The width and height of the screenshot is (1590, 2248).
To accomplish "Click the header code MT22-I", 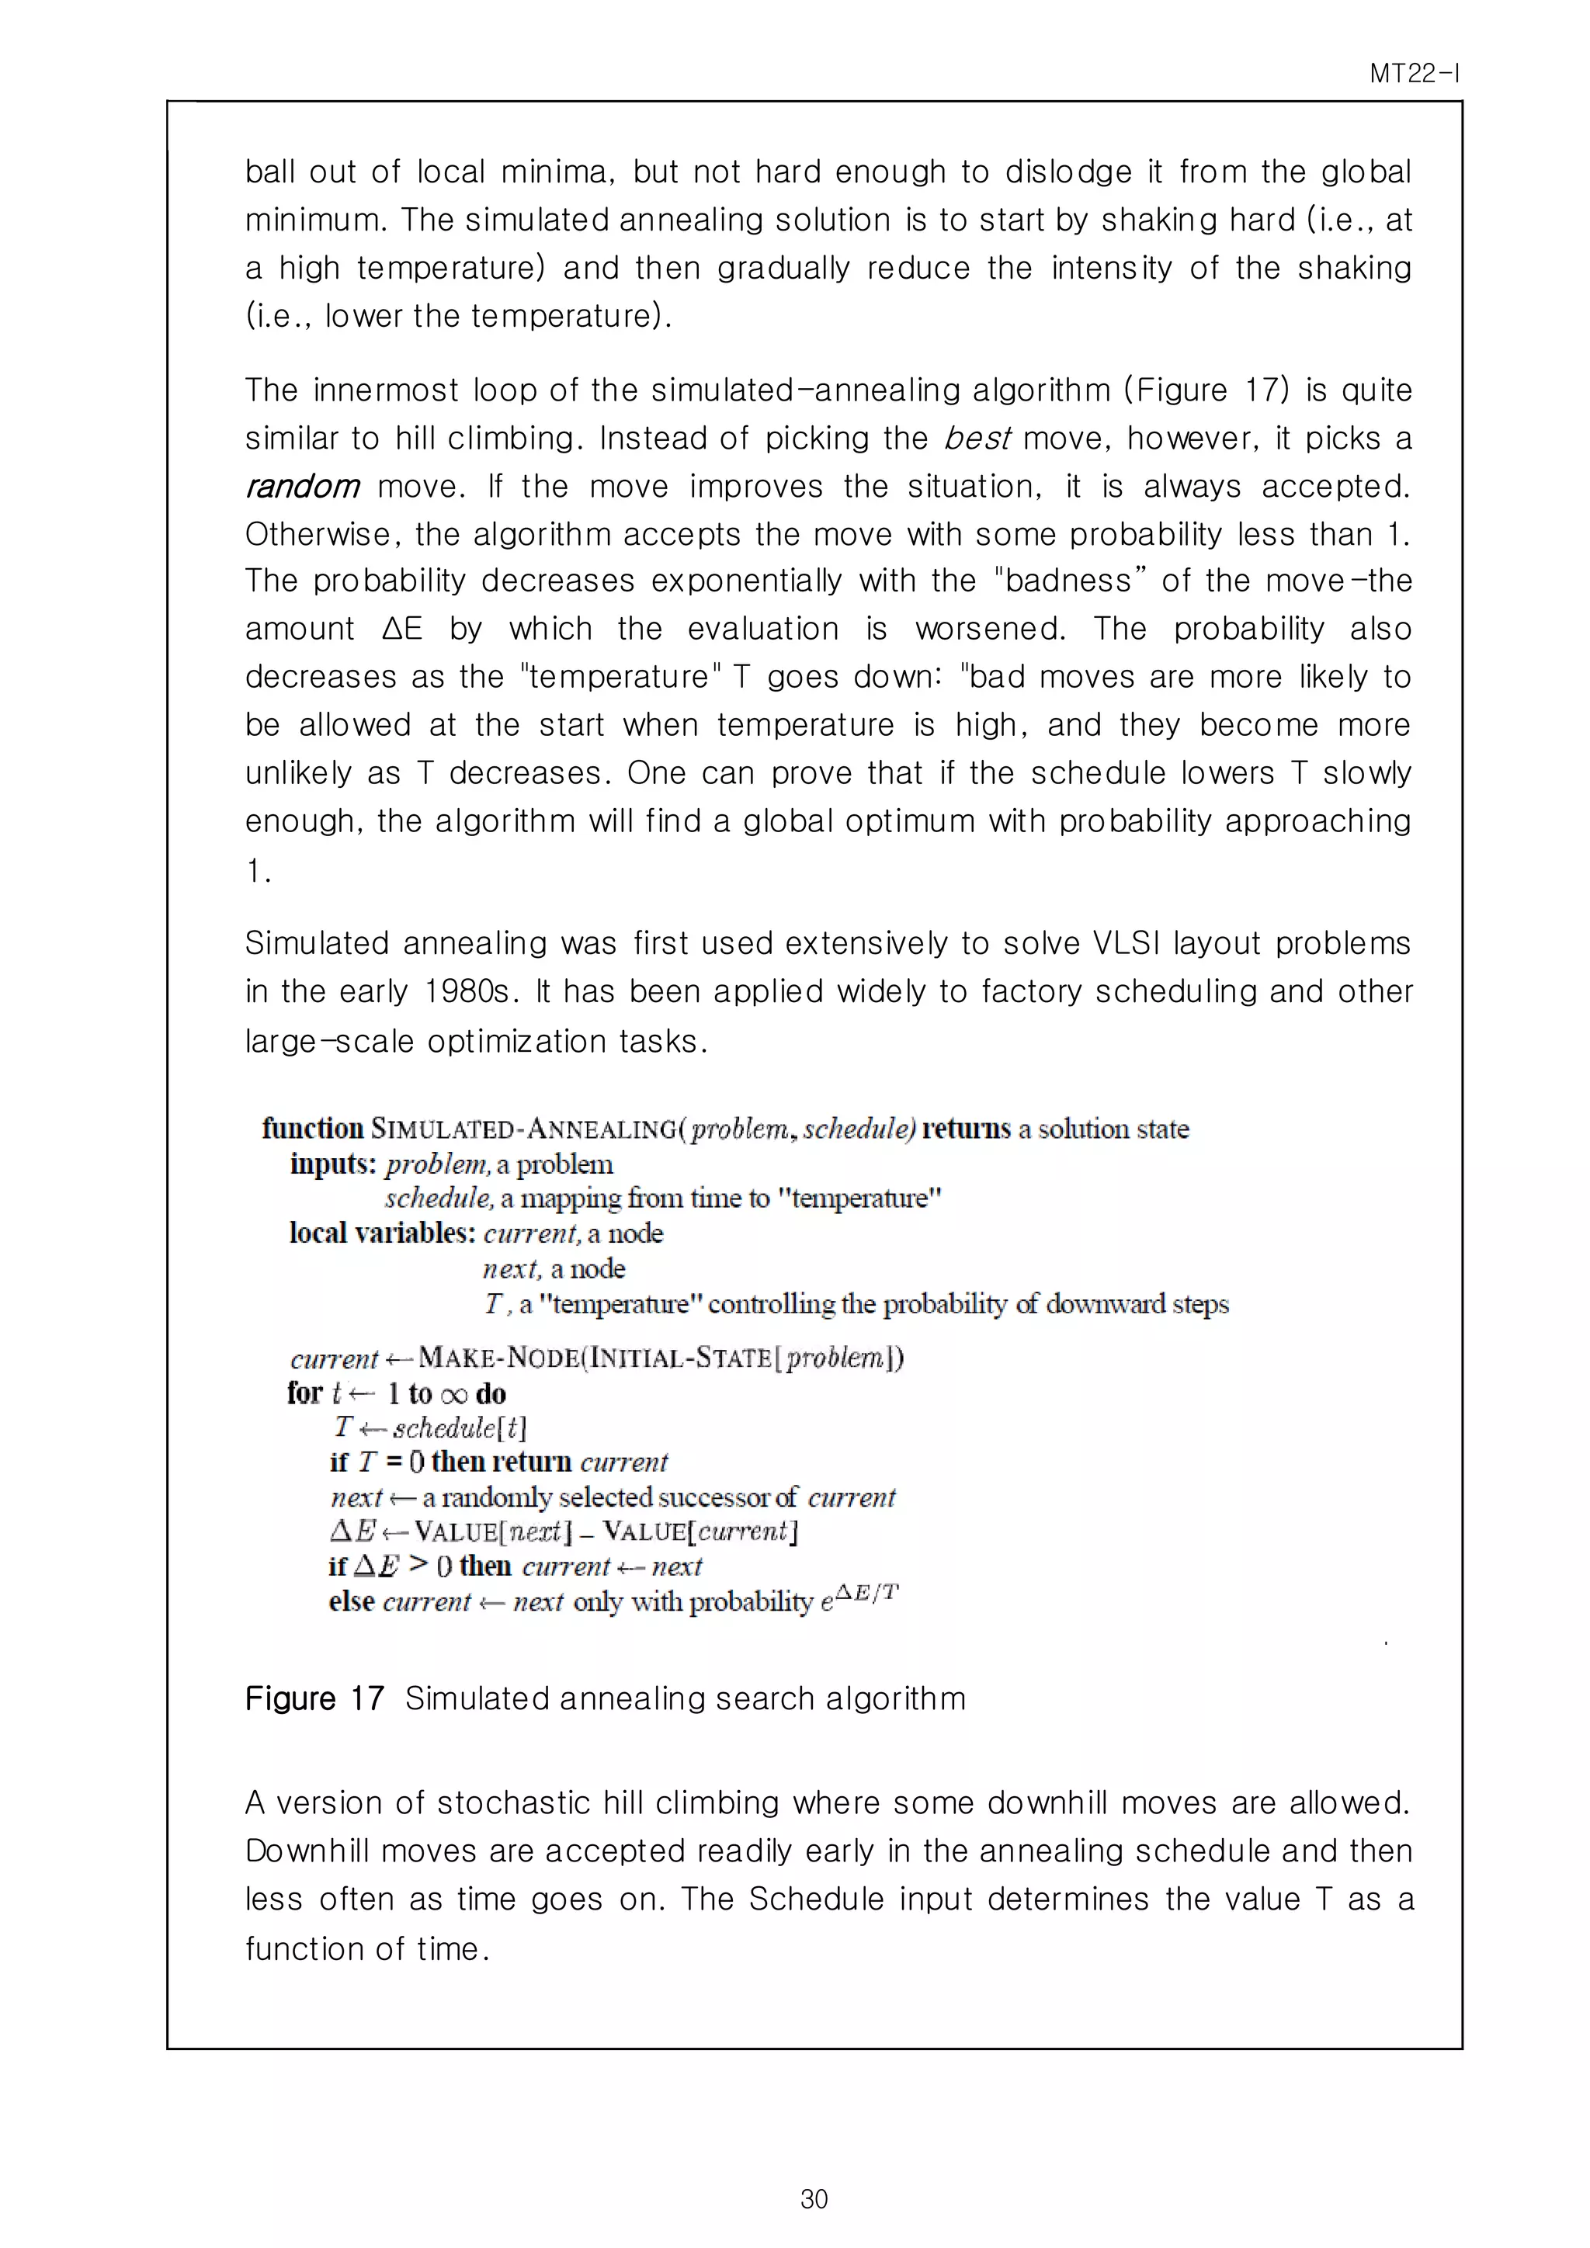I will [x=1414, y=74].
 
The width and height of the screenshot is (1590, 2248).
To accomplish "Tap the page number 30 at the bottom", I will [x=814, y=2199].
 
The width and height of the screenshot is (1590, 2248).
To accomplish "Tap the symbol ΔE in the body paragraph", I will [x=402, y=629].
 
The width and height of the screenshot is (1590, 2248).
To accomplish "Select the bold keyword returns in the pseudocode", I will [x=965, y=1129].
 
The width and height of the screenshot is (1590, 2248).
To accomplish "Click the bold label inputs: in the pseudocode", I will [x=333, y=1164].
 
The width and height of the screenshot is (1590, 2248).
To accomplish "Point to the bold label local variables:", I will [x=382, y=1233].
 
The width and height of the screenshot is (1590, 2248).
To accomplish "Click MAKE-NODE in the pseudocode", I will [x=498, y=1358].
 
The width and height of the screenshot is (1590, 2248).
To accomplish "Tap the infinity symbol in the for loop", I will [x=453, y=1394].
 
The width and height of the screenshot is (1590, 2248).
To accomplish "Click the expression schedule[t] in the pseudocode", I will [x=459, y=1428].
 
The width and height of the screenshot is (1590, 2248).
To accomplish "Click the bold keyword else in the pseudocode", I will [x=352, y=1602].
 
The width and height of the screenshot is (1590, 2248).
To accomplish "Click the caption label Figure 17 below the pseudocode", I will [x=314, y=1698].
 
